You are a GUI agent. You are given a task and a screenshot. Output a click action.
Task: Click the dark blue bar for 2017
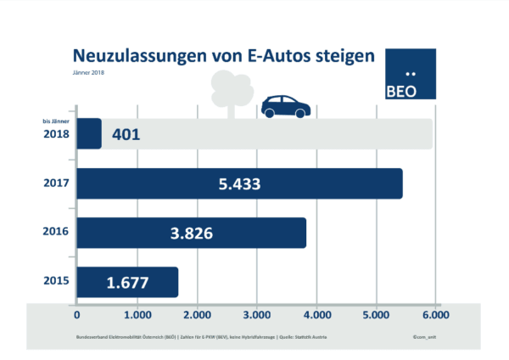coord(239,183)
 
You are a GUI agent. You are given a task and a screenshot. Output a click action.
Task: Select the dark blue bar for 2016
coord(191,233)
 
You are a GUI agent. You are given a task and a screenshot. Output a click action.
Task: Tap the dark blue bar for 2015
coord(127,282)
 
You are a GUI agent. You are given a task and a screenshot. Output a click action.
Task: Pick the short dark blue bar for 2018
coord(89,134)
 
